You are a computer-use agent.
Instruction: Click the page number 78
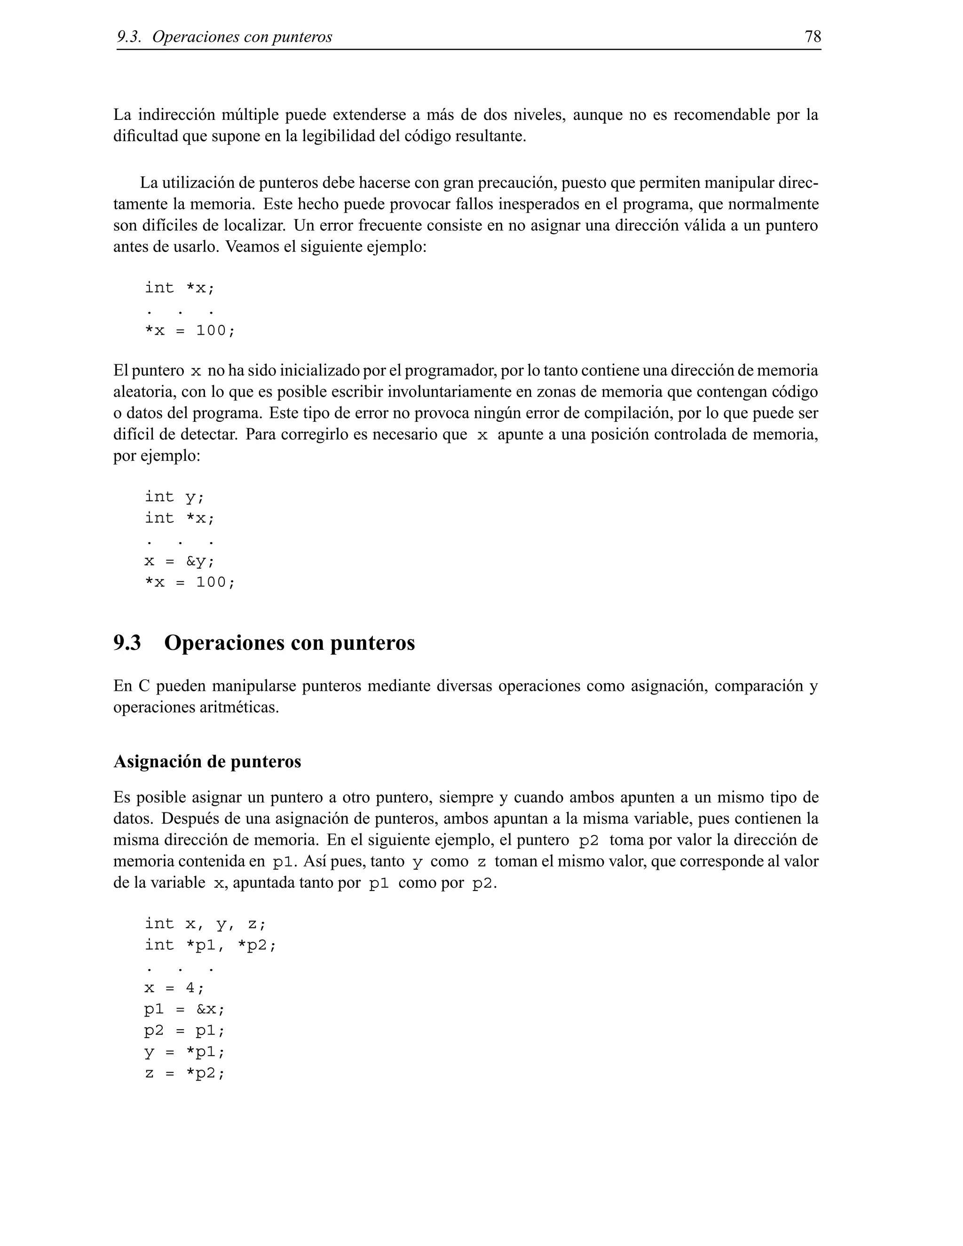tap(813, 37)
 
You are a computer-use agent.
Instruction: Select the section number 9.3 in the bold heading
tap(127, 643)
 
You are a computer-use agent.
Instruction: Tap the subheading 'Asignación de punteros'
tap(207, 762)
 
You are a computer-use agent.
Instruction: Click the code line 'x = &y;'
tap(179, 561)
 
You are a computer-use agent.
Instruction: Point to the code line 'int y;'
tap(174, 497)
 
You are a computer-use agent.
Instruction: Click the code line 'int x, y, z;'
tap(205, 923)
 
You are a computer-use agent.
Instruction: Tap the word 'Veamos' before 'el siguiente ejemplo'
tap(252, 247)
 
